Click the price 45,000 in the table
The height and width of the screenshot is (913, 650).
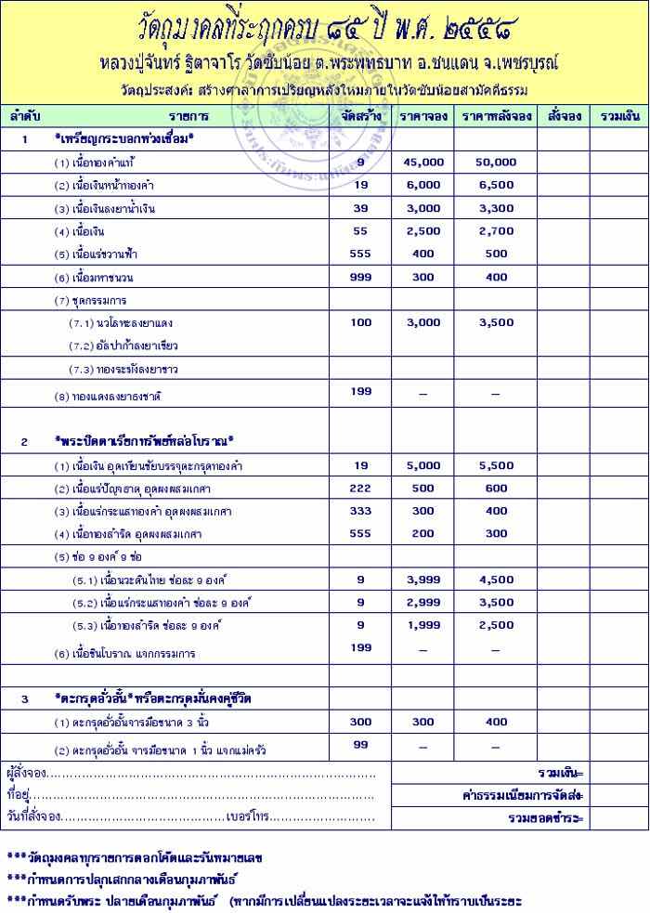click(x=423, y=162)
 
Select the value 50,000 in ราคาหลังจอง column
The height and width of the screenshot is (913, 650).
click(x=496, y=162)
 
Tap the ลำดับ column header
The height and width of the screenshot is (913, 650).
click(x=25, y=116)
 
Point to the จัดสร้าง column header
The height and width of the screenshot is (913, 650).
click(x=360, y=116)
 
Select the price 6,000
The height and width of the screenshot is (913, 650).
click(x=423, y=185)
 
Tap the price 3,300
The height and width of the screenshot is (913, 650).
click(x=496, y=208)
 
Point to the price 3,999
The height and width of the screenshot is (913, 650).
click(x=423, y=579)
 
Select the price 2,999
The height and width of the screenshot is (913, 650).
click(x=423, y=602)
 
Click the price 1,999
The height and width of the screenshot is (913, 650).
click(x=423, y=625)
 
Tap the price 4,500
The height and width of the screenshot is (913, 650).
click(x=496, y=579)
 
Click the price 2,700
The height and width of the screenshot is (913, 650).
click(x=496, y=230)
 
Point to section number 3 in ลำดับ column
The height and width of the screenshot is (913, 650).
click(x=25, y=698)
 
